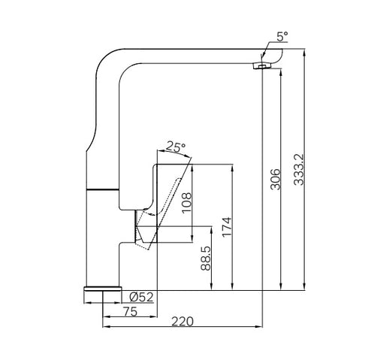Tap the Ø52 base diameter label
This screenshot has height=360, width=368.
pos(141,298)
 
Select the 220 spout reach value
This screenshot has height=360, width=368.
pos(182,322)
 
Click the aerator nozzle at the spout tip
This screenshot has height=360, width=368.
pos(260,67)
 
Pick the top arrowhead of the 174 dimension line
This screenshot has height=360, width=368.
pos(233,168)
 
